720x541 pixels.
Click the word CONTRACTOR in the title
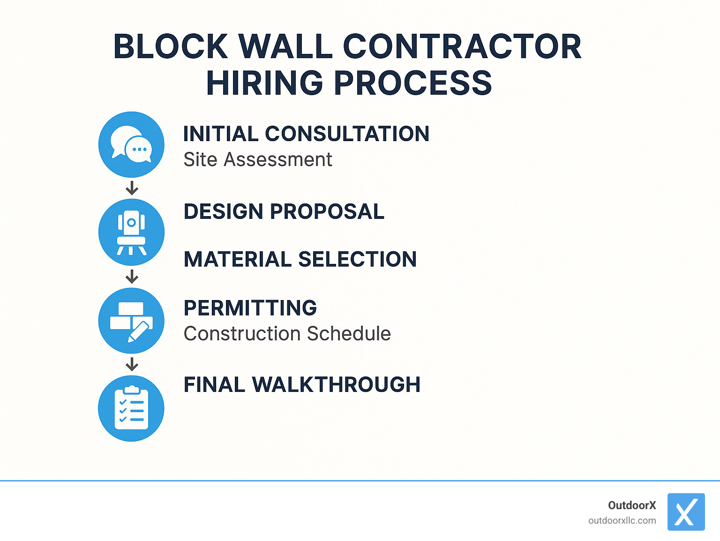pyautogui.click(x=462, y=46)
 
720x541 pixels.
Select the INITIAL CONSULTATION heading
pyautogui.click(x=306, y=134)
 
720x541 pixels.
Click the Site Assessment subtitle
pyautogui.click(x=258, y=159)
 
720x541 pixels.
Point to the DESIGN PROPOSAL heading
pyautogui.click(x=284, y=211)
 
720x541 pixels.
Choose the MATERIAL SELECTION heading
pyautogui.click(x=300, y=259)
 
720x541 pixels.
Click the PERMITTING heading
pyautogui.click(x=250, y=308)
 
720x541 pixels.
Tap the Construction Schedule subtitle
pyautogui.click(x=287, y=334)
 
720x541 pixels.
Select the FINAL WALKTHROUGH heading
pyautogui.click(x=302, y=384)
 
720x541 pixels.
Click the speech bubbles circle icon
pyautogui.click(x=131, y=144)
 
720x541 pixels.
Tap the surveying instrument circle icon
pyautogui.click(x=131, y=233)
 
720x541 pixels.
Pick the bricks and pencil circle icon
pyautogui.click(x=131, y=321)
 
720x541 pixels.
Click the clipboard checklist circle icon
pyautogui.click(x=131, y=408)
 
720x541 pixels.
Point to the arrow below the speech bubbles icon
pyautogui.click(x=132, y=188)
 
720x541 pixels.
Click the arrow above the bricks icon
pyautogui.click(x=132, y=277)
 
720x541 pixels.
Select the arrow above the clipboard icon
pyautogui.click(x=132, y=364)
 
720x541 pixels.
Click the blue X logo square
pyautogui.click(x=686, y=512)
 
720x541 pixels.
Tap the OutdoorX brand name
pyautogui.click(x=632, y=505)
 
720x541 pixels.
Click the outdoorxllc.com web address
pyautogui.click(x=622, y=520)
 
